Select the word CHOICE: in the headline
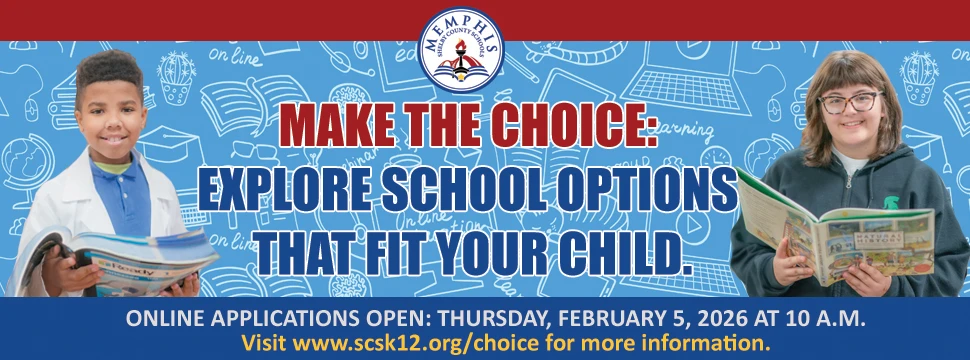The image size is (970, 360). tap(576, 126)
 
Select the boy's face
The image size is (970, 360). tap(111, 110)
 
